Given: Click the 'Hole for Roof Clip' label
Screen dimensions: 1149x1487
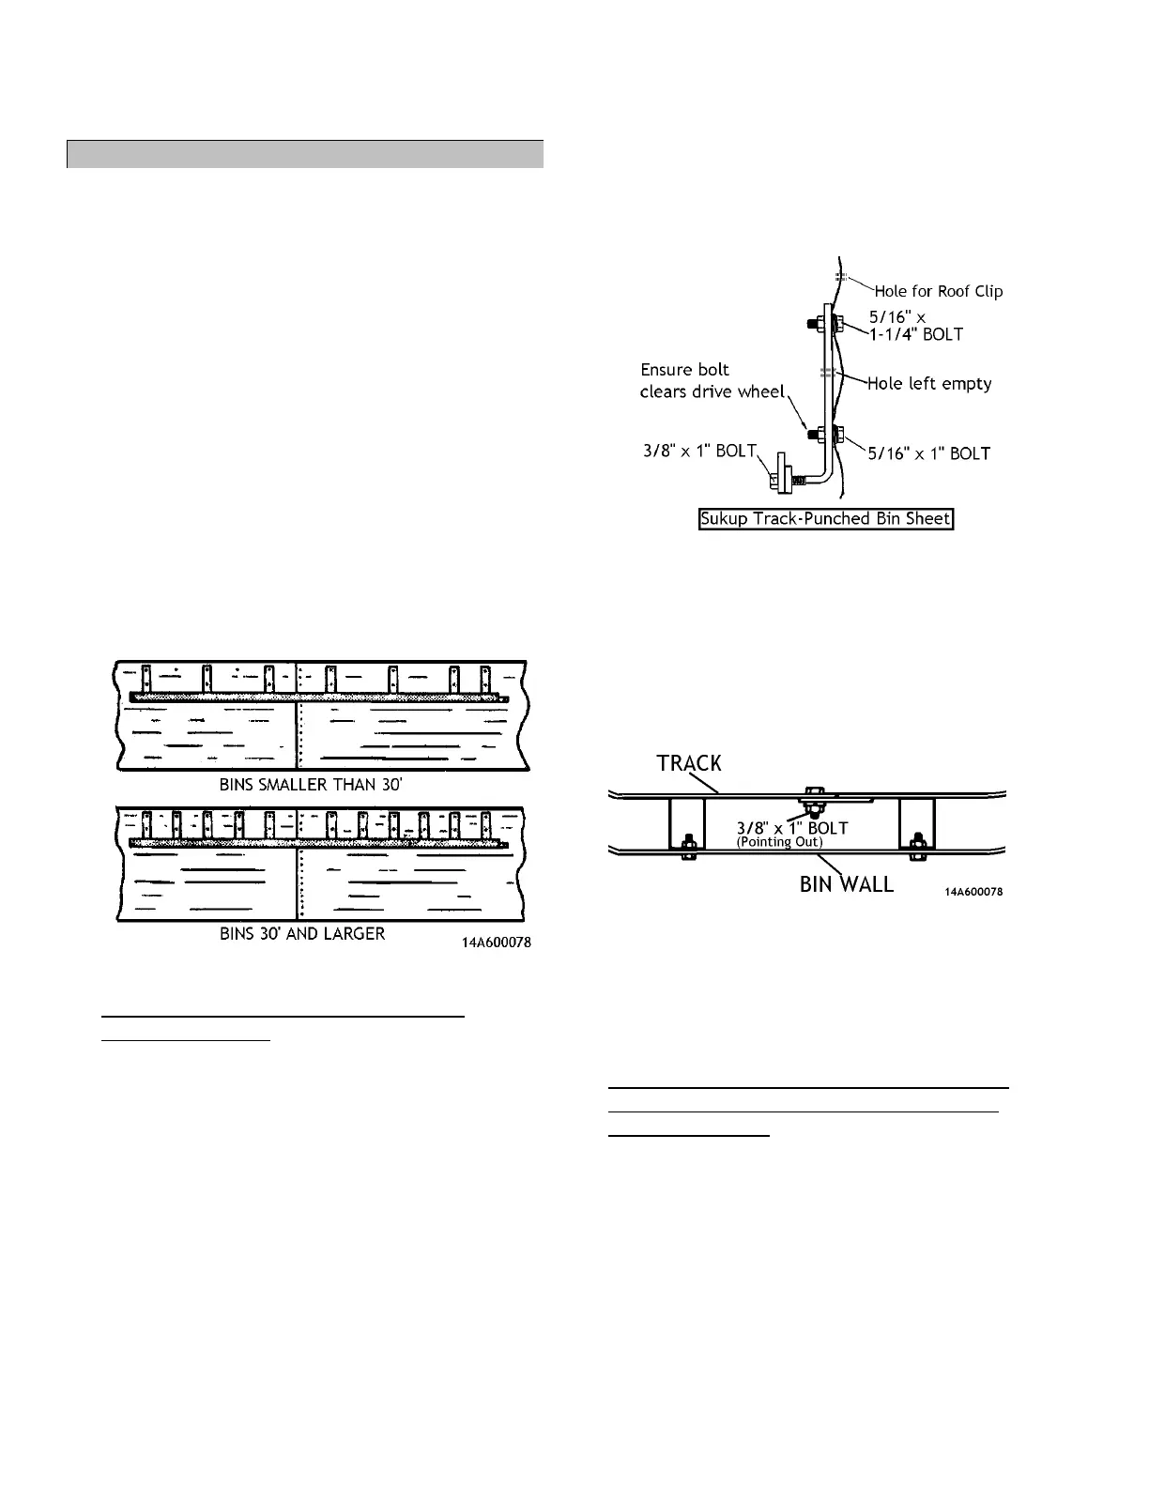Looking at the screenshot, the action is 939,291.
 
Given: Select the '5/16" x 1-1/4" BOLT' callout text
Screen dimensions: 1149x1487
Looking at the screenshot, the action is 915,326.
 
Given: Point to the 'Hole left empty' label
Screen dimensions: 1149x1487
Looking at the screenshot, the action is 929,383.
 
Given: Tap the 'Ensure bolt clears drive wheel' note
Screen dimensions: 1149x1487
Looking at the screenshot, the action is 712,380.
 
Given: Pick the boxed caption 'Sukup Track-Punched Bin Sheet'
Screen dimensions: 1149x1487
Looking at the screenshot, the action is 826,519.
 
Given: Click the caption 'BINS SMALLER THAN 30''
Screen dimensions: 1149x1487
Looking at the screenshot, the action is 311,785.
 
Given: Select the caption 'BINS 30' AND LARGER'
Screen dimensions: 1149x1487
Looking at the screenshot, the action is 302,934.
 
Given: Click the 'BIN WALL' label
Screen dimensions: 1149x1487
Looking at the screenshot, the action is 847,884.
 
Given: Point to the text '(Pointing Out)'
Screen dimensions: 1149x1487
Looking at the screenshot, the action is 779,842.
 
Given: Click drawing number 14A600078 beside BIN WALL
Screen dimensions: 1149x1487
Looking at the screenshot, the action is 973,892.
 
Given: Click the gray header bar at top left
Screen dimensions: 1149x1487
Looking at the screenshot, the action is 305,154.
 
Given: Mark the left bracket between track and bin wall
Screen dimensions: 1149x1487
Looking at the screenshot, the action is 685,824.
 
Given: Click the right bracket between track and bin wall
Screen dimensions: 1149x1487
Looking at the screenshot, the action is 915,824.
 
